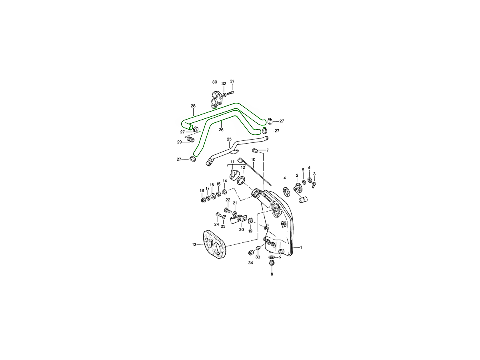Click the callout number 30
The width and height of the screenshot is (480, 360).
click(x=214, y=82)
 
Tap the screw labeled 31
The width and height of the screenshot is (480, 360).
click(x=230, y=93)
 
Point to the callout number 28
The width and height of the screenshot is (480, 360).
click(x=193, y=106)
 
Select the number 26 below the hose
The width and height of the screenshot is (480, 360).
click(x=221, y=130)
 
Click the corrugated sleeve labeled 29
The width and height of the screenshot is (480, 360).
click(x=190, y=139)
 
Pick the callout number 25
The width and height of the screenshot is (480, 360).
click(x=229, y=139)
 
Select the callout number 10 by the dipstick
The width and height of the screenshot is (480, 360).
click(x=253, y=160)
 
